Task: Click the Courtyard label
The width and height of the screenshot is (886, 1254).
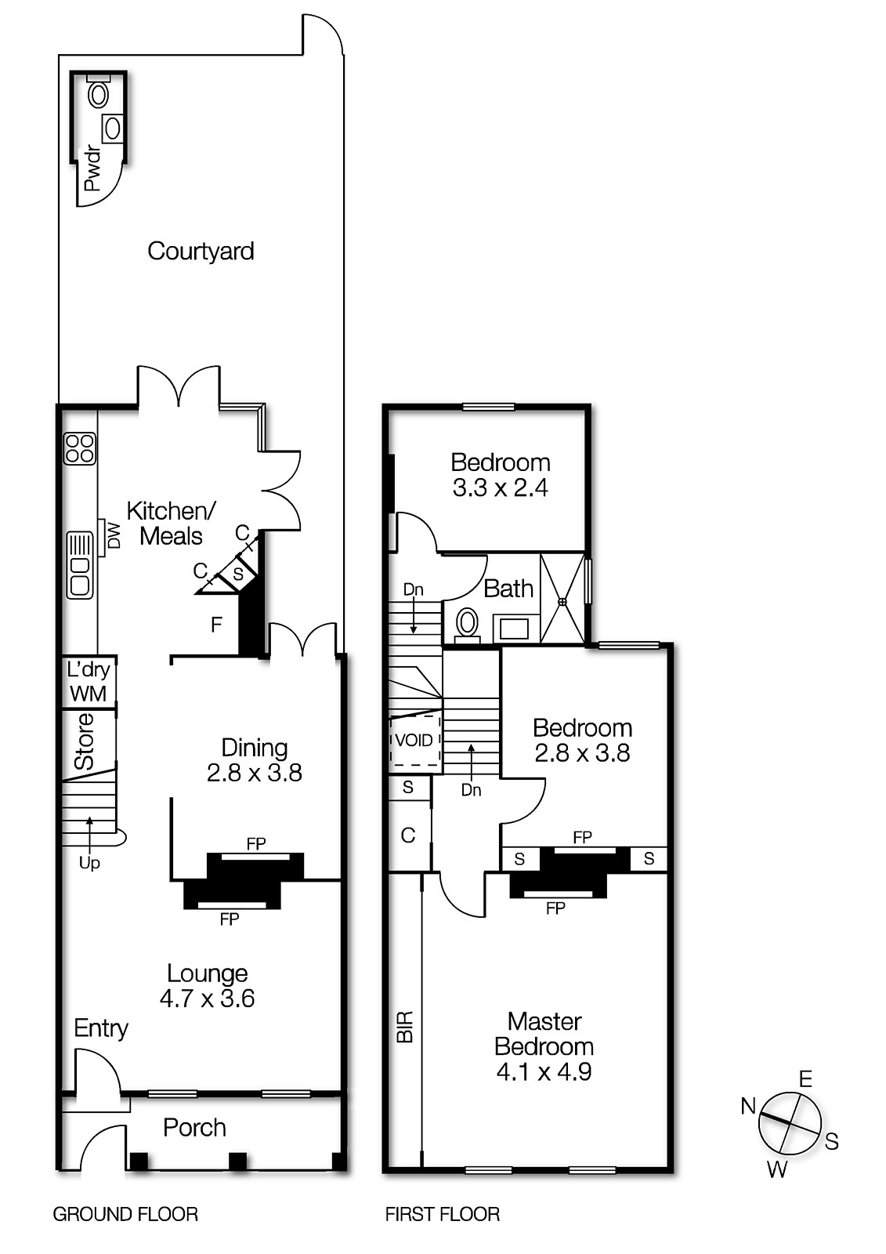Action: pyautogui.click(x=201, y=252)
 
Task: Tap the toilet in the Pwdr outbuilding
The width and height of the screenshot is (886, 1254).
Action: pyautogui.click(x=99, y=95)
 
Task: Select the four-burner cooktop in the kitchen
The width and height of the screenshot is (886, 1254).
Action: pyautogui.click(x=80, y=448)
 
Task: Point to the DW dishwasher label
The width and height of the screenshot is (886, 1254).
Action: pyautogui.click(x=114, y=536)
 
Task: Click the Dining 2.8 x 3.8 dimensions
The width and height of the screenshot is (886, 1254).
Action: pyautogui.click(x=254, y=774)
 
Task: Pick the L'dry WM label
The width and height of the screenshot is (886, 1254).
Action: pyautogui.click(x=89, y=682)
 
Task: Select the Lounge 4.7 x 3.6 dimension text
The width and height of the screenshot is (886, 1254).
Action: pyautogui.click(x=207, y=998)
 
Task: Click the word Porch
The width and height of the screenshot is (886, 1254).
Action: pyautogui.click(x=194, y=1128)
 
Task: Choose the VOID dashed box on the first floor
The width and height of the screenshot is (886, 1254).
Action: pyautogui.click(x=414, y=741)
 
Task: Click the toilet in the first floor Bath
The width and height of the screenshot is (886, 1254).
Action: pyautogui.click(x=467, y=623)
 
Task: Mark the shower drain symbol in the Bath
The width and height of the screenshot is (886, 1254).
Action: pyautogui.click(x=562, y=602)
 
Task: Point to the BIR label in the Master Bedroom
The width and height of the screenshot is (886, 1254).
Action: pyautogui.click(x=405, y=1026)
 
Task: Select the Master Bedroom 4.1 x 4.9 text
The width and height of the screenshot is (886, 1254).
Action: pyautogui.click(x=544, y=1071)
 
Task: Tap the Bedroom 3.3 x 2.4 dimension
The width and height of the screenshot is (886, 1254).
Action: pyautogui.click(x=500, y=488)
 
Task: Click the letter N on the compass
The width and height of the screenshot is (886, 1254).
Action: pyautogui.click(x=748, y=1107)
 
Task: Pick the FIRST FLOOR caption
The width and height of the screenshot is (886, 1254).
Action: pyautogui.click(x=442, y=1215)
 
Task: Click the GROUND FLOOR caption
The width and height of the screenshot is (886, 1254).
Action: pyautogui.click(x=125, y=1215)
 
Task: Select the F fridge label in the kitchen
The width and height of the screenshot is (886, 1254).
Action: pyautogui.click(x=216, y=625)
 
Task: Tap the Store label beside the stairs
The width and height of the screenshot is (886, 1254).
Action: pyautogui.click(x=84, y=741)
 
